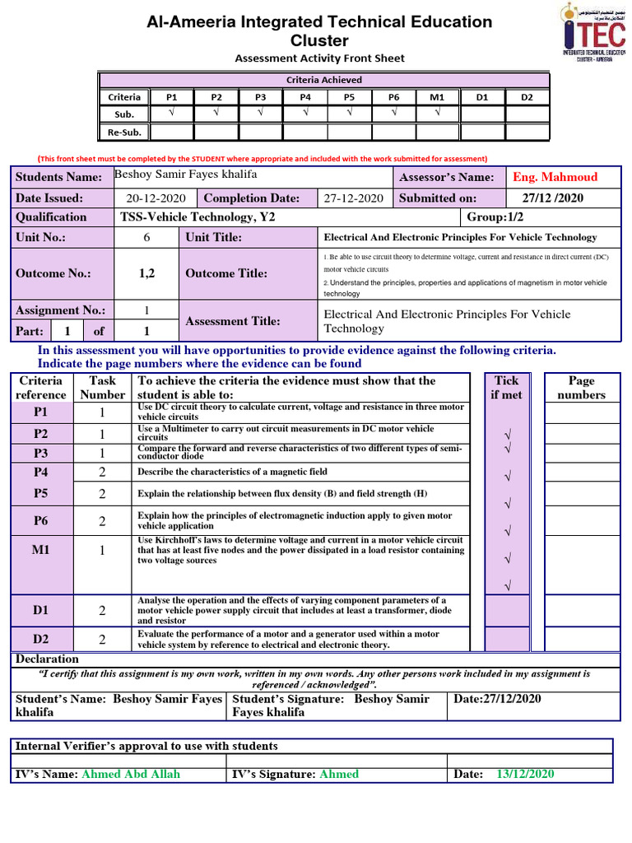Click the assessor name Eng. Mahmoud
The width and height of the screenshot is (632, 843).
click(x=555, y=177)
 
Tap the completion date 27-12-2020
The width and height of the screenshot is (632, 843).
click(x=354, y=198)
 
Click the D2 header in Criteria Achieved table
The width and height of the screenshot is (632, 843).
click(x=527, y=97)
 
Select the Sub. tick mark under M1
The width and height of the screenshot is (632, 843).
click(x=438, y=114)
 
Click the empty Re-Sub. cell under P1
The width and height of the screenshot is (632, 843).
click(x=171, y=132)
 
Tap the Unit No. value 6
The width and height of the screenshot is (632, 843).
click(x=146, y=237)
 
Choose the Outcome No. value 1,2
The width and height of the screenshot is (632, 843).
click(x=146, y=273)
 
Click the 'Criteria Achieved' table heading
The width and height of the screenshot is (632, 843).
click(x=323, y=80)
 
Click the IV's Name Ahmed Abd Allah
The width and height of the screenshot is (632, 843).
click(x=130, y=774)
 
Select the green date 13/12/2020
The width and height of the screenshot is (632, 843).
click(x=525, y=774)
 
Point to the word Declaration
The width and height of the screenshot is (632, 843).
click(x=48, y=659)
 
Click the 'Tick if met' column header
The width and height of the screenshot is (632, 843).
click(x=507, y=388)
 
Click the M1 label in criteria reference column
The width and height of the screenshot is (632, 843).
click(x=40, y=549)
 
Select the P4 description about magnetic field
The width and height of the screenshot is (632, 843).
click(x=232, y=472)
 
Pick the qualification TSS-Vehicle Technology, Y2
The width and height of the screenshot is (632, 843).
click(x=197, y=217)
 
